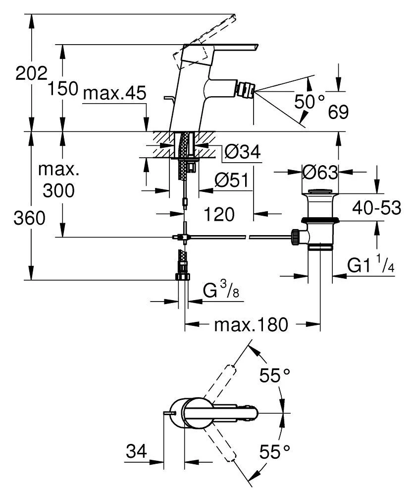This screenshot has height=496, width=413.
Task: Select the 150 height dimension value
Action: (x=63, y=89)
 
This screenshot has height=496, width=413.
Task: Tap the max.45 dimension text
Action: (x=115, y=93)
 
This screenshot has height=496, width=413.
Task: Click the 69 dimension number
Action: (x=338, y=112)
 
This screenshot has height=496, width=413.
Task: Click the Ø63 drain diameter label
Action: (x=320, y=173)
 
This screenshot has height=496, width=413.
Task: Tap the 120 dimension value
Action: (x=219, y=214)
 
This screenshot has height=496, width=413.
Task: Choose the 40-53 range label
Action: (x=377, y=208)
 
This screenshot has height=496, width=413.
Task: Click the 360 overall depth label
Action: (x=29, y=218)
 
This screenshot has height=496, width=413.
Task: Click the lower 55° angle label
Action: (x=275, y=451)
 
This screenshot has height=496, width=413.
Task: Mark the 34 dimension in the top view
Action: (x=136, y=452)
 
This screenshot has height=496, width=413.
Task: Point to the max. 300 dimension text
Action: (x=58, y=180)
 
